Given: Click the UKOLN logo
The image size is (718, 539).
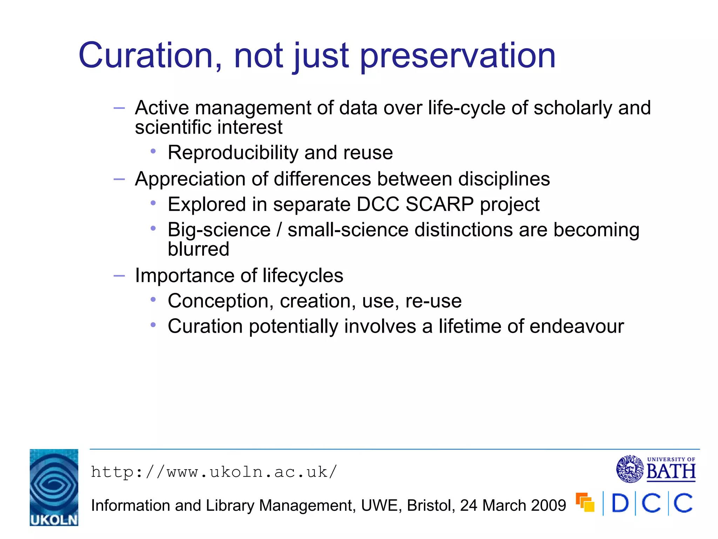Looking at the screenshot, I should [x=54, y=487].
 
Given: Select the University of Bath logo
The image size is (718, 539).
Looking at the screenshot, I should [x=656, y=469].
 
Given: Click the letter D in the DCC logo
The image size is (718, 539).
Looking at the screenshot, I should [x=620, y=504].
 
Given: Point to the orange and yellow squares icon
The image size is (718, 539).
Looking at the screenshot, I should [x=585, y=502].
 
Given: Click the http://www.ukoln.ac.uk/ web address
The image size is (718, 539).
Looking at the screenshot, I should [x=214, y=472].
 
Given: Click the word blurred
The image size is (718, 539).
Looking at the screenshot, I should [x=198, y=249].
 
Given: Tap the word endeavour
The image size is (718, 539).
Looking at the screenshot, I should [x=577, y=326].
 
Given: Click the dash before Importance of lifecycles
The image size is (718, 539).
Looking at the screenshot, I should [x=119, y=276].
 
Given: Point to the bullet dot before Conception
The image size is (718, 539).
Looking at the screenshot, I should [x=153, y=299].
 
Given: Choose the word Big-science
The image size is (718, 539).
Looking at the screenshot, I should [x=219, y=230].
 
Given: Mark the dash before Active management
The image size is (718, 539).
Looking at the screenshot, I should [x=119, y=108].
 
